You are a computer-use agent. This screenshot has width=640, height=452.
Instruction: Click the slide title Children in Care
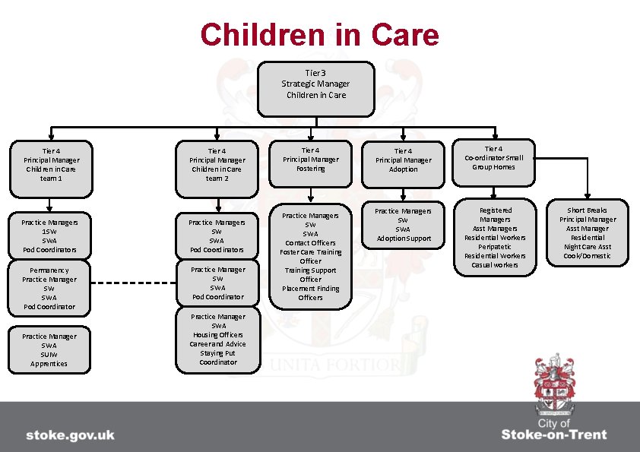(319, 35)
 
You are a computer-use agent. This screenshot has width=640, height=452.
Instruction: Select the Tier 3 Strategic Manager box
(316, 88)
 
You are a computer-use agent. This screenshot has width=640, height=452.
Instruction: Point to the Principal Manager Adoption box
(403, 164)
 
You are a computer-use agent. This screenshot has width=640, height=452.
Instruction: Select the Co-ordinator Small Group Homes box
(494, 162)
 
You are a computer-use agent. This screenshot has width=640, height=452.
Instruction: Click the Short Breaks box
(588, 233)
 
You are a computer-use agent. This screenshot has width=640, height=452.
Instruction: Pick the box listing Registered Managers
(495, 237)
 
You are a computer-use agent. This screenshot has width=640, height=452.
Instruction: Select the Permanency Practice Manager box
(49, 288)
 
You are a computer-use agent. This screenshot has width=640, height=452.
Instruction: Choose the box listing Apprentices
(49, 349)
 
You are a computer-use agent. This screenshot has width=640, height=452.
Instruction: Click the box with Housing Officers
(218, 339)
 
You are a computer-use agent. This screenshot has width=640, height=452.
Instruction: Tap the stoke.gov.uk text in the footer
(70, 435)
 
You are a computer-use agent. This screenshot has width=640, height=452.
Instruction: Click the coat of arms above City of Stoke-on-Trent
(553, 383)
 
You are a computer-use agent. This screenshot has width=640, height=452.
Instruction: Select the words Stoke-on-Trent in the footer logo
(553, 435)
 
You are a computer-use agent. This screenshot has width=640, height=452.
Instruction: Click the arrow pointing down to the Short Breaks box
(587, 196)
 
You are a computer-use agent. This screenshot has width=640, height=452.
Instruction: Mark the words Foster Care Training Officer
(310, 256)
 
